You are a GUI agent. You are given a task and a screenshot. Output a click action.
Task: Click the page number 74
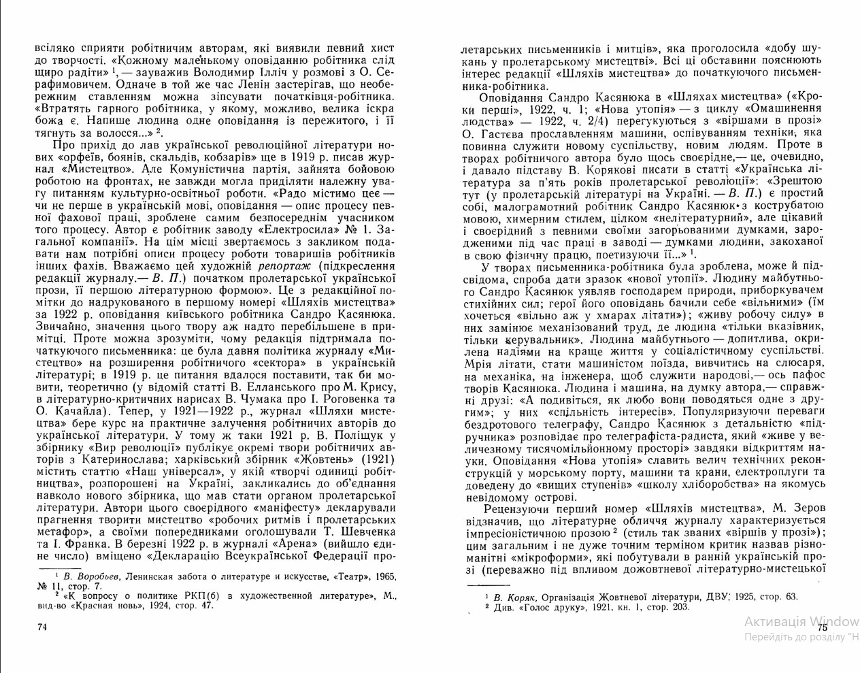coord(42,627)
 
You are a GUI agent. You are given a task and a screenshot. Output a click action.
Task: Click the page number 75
coord(822,627)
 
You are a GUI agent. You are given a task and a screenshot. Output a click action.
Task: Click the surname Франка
coord(89,544)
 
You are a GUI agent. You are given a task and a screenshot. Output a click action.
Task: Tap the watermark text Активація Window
coord(801,621)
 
